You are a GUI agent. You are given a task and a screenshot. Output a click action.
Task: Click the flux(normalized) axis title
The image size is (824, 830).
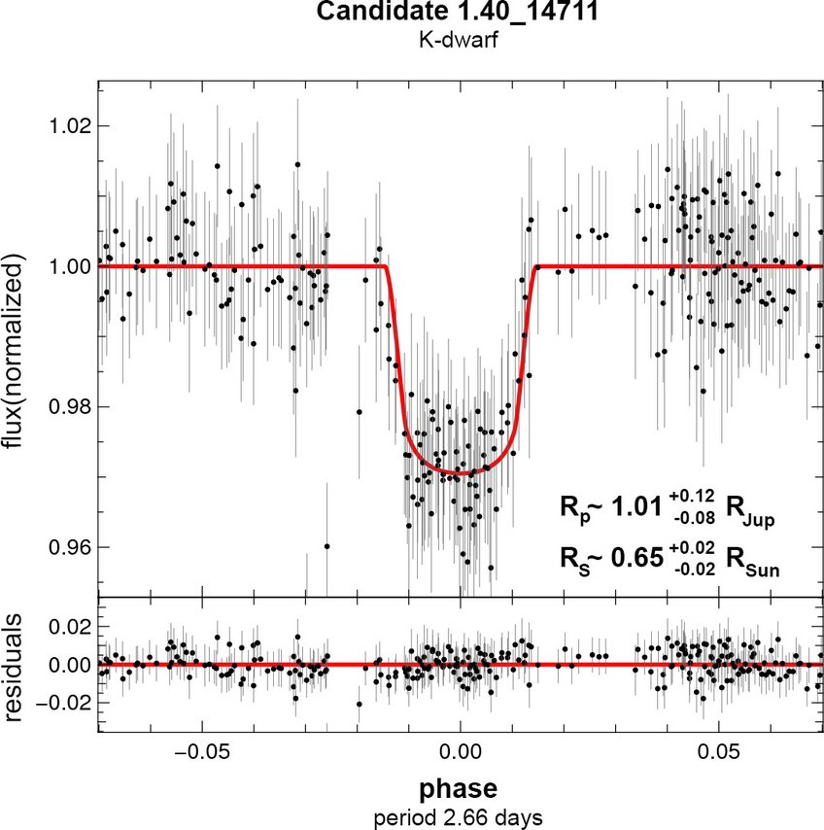click(17, 352)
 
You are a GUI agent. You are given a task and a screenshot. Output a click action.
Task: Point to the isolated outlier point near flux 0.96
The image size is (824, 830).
click(327, 546)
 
